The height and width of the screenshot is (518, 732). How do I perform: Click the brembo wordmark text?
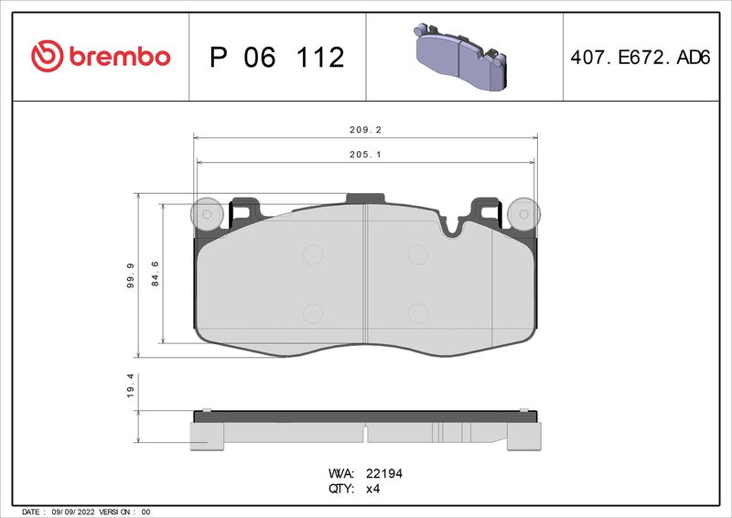coord(115,57)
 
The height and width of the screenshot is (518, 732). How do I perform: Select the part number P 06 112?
coord(276,58)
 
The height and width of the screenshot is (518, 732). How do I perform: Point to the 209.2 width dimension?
coord(365,130)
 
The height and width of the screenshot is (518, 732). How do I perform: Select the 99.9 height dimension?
coord(130,275)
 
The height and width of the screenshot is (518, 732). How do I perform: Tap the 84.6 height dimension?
coord(156,275)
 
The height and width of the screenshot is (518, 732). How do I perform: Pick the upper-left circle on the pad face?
coord(313,254)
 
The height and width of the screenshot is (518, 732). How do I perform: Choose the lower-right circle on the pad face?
coord(417,313)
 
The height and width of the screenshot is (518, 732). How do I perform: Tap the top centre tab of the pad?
coord(364,198)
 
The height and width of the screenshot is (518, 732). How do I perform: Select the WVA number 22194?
coord(385,474)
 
